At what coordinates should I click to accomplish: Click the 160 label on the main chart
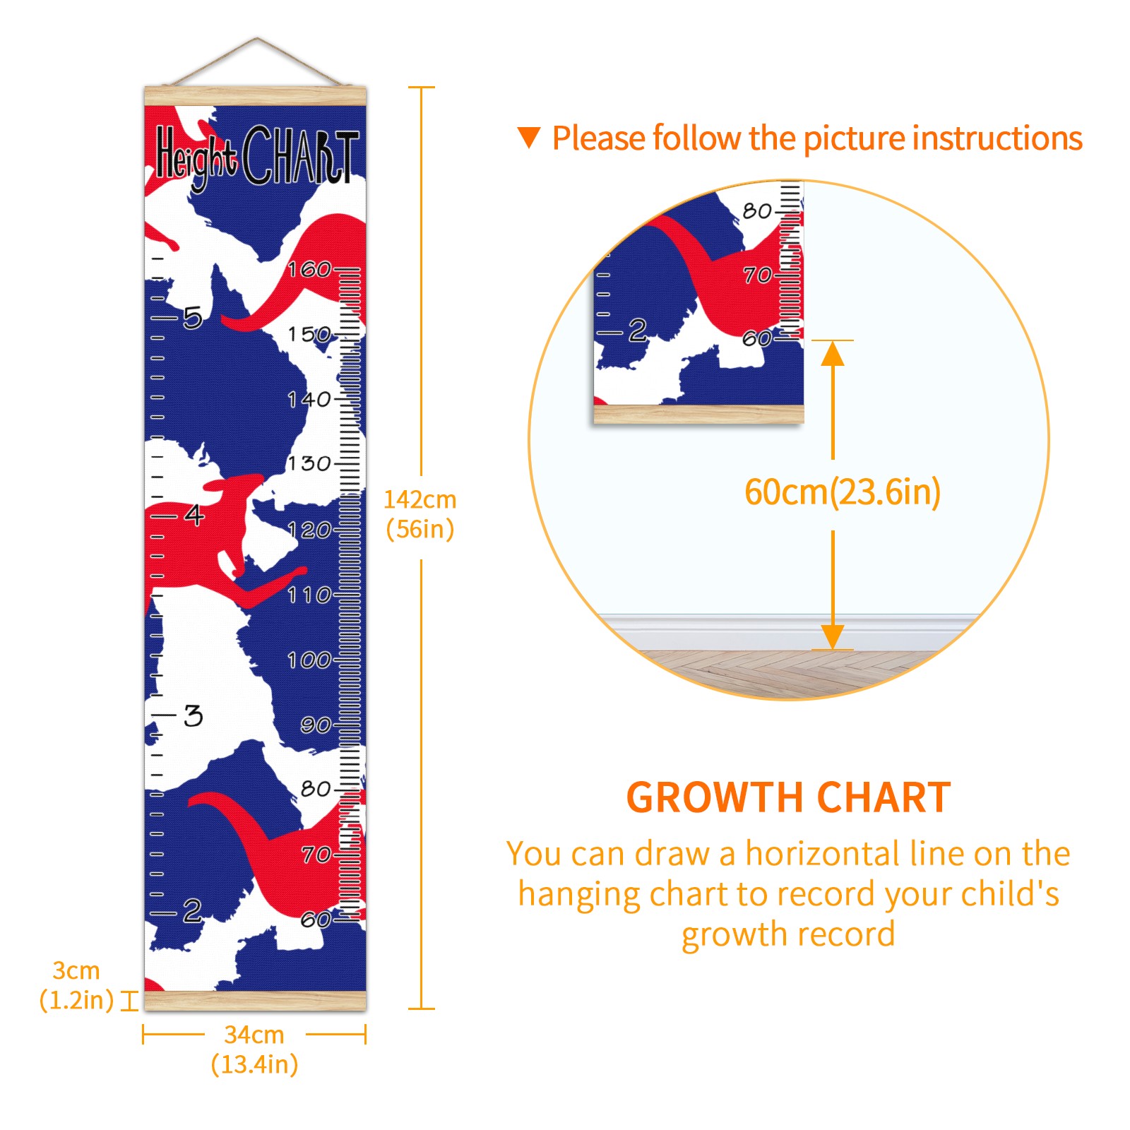tap(309, 269)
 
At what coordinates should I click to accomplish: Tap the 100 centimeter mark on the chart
tap(309, 660)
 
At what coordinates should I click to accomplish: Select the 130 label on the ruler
tap(309, 464)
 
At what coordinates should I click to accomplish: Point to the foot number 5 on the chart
tap(193, 318)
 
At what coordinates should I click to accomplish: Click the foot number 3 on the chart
tap(193, 715)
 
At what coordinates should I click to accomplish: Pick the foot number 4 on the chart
tap(194, 515)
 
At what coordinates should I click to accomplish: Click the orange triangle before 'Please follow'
tap(529, 138)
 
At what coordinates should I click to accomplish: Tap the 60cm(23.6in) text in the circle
tap(843, 492)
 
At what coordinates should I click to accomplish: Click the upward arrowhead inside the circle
tap(833, 353)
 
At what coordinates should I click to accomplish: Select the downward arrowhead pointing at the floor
tap(833, 636)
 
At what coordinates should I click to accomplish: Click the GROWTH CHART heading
tap(789, 798)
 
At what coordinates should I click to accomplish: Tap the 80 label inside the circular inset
tap(757, 210)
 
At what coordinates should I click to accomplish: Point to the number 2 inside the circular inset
tap(638, 330)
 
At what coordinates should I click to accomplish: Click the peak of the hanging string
tap(257, 38)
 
